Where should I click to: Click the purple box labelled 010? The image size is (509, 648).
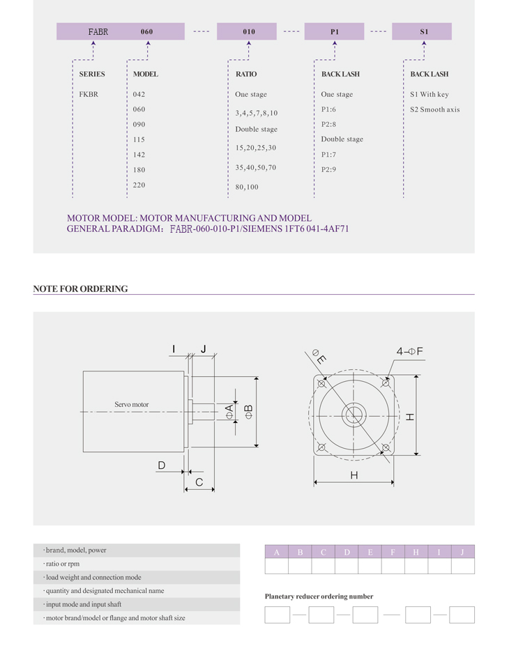pyautogui.click(x=248, y=31)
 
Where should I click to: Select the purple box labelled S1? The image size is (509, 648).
pyautogui.click(x=423, y=31)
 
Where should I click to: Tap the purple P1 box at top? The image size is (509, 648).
pyautogui.click(x=334, y=31)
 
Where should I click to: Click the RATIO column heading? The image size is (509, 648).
pyautogui.click(x=245, y=74)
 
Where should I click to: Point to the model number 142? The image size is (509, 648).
pyautogui.click(x=139, y=155)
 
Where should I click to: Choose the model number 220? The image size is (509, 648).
pyautogui.click(x=139, y=185)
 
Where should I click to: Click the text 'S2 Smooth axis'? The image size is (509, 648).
pyautogui.click(x=434, y=109)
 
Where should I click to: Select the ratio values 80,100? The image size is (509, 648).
pyautogui.click(x=247, y=187)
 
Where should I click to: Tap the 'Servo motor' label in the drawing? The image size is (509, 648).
pyautogui.click(x=131, y=404)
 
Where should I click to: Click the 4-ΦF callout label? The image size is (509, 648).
pyautogui.click(x=410, y=351)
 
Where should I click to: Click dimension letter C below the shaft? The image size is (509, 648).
pyautogui.click(x=199, y=482)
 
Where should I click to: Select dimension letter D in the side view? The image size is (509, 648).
pyautogui.click(x=161, y=465)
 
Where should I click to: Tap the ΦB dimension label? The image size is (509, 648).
pyautogui.click(x=248, y=412)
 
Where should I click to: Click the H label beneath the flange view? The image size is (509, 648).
pyautogui.click(x=354, y=475)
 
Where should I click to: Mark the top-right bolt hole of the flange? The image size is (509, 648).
pyautogui.click(x=386, y=383)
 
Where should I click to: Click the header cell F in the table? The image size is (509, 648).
pyautogui.click(x=393, y=552)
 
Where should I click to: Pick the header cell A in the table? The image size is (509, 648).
pyautogui.click(x=277, y=552)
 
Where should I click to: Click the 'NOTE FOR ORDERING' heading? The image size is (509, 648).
pyautogui.click(x=80, y=288)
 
